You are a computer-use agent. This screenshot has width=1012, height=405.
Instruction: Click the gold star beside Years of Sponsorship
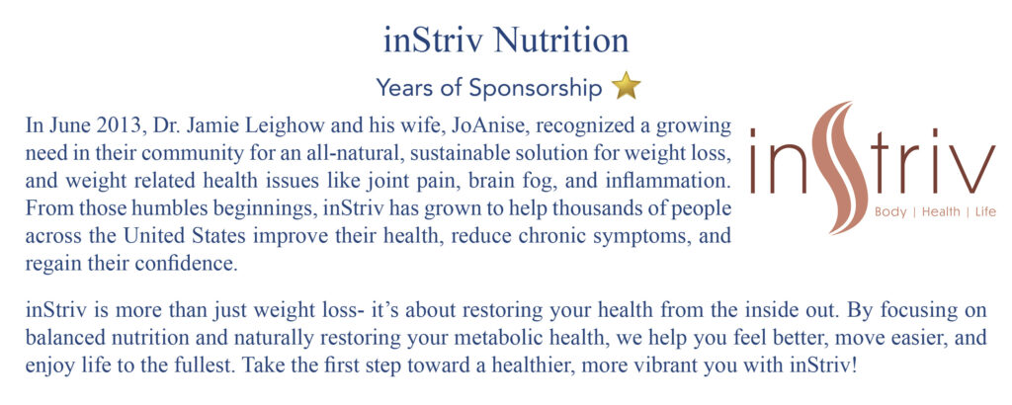click(626, 86)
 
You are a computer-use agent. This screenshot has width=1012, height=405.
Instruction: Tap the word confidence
click(195, 263)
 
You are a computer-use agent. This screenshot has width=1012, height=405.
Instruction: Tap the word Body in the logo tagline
click(890, 211)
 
